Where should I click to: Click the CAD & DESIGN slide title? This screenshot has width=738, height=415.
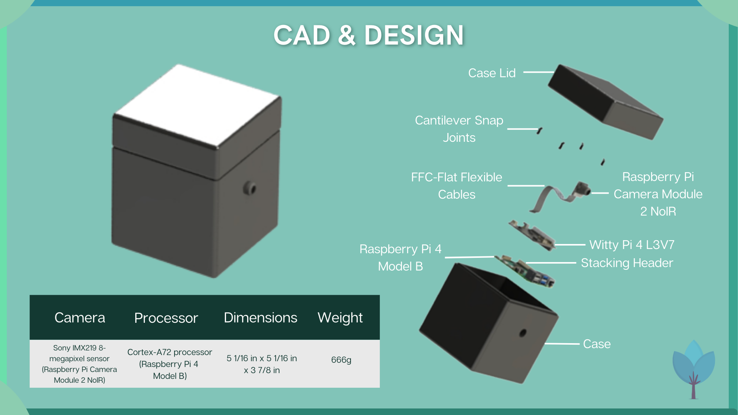369,35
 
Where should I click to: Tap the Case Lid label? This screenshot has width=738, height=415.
492,73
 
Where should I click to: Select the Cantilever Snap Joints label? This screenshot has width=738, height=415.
459,129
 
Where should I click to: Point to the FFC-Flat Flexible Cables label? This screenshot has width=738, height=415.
457,186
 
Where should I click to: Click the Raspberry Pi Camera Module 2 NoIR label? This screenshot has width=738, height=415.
658,194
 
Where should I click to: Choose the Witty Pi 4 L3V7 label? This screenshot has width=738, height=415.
632,245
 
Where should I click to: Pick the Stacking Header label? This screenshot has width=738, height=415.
627,263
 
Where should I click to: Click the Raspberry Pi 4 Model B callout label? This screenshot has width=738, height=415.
400,257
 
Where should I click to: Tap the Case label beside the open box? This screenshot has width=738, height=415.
597,344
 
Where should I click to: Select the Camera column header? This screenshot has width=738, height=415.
80,318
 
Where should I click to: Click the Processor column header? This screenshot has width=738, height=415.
166,318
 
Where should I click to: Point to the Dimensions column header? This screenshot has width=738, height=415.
260,318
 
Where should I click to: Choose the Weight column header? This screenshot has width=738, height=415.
340,318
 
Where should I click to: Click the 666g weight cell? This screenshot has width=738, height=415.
341,360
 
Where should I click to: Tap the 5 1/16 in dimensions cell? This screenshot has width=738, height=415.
262,364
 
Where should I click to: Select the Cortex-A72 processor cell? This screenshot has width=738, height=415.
170,364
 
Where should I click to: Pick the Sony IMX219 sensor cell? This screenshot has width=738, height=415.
79,364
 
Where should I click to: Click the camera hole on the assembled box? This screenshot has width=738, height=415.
250,189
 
